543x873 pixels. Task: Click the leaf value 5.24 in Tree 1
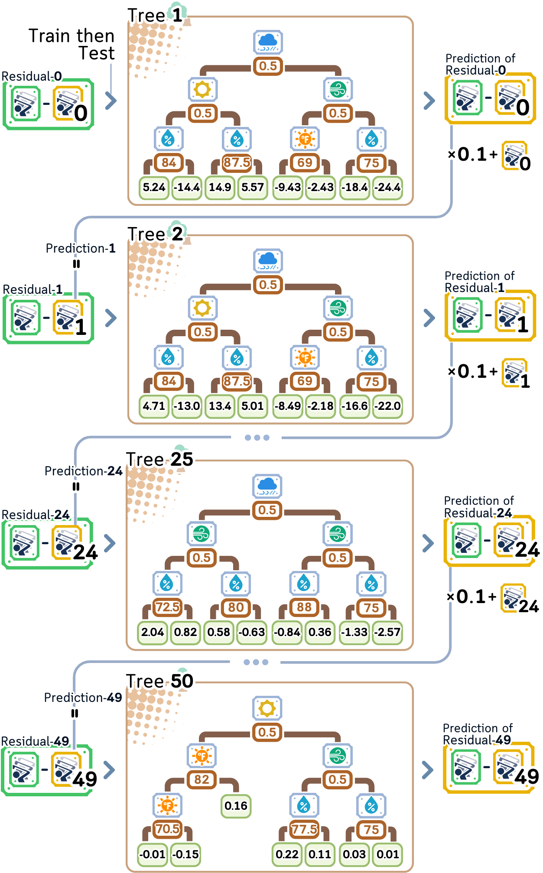click(x=154, y=188)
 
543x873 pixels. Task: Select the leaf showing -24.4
click(x=387, y=188)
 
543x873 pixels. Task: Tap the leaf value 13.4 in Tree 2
click(x=220, y=406)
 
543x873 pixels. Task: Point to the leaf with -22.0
click(x=387, y=406)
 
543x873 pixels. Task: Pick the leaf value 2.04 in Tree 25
click(x=153, y=632)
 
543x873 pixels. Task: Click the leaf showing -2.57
click(x=387, y=632)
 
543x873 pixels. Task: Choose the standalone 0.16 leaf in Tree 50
click(x=236, y=806)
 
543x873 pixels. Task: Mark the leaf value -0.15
click(x=185, y=854)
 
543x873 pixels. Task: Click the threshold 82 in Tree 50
click(x=202, y=780)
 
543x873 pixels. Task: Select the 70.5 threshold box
click(x=168, y=829)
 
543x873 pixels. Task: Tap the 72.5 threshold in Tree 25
click(x=168, y=607)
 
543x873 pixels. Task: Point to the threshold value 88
click(x=304, y=607)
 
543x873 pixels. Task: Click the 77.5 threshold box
click(x=305, y=829)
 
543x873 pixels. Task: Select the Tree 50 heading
click(x=159, y=681)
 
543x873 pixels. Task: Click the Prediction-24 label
click(x=83, y=471)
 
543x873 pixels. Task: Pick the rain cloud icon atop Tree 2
click(x=268, y=260)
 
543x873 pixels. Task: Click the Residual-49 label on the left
click(x=35, y=741)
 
